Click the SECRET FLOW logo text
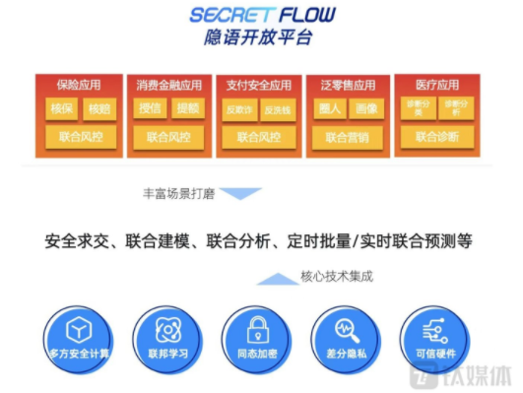coord(261,15)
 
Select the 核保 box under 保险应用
coord(62,108)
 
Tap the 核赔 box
coord(98,108)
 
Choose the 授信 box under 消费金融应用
coord(151,108)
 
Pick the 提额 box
coord(187,108)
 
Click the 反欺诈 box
coord(239,108)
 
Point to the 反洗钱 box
coord(277,108)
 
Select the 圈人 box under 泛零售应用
coord(329,108)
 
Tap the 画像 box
coord(366,108)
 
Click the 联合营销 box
coord(348,136)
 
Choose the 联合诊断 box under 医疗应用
coord(436,136)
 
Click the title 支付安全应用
coord(259,85)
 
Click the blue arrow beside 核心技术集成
coord(275,279)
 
